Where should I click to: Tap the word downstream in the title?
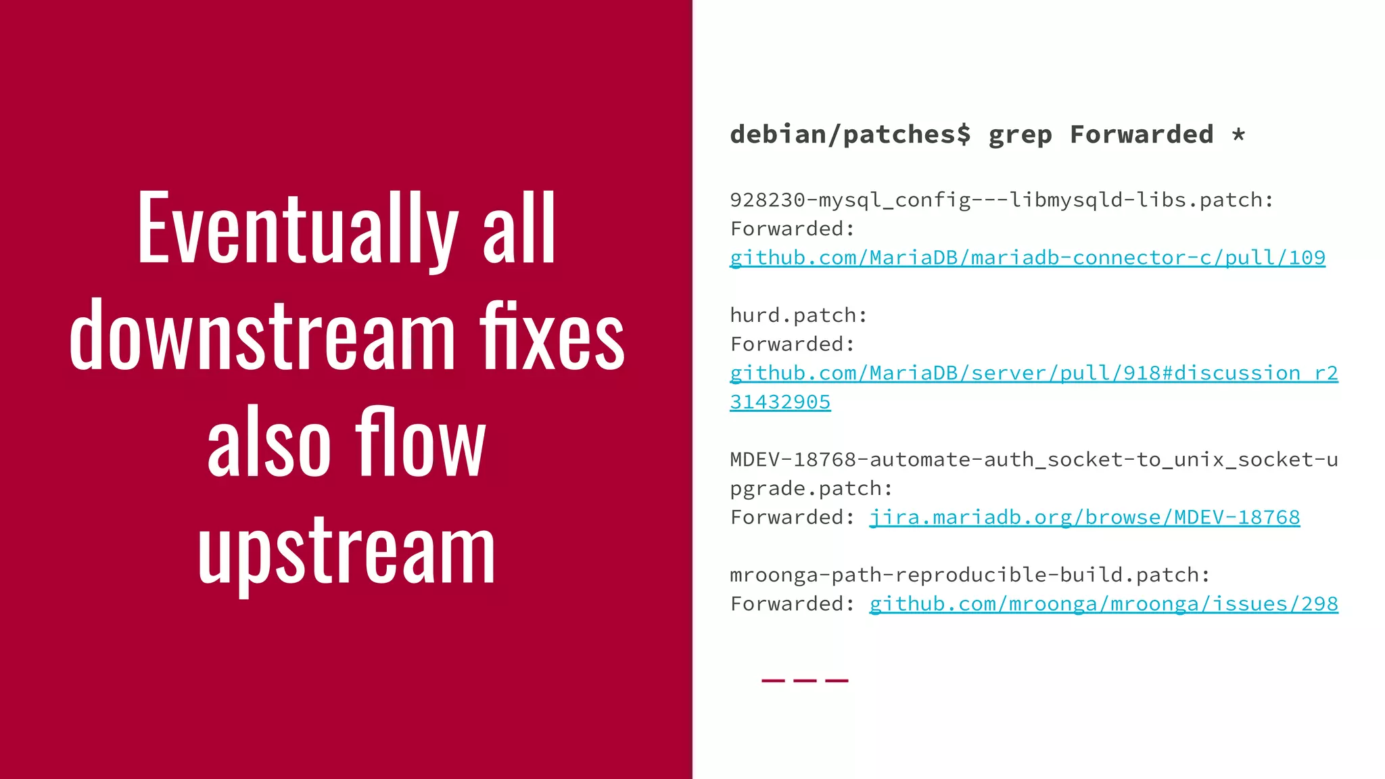point(262,336)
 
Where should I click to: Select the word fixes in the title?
point(552,336)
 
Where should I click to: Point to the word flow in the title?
point(420,443)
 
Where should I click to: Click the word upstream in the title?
point(346,551)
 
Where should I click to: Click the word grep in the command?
point(1020,135)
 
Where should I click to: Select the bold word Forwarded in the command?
point(1142,135)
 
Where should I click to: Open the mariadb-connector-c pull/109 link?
point(1027,258)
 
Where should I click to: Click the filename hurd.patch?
point(798,315)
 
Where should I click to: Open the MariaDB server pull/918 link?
point(1033,373)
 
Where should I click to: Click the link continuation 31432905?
point(780,402)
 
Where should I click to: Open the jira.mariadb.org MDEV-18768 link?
point(1084,517)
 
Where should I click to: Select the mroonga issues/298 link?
point(1103,604)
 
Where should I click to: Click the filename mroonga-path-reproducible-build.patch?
point(970,575)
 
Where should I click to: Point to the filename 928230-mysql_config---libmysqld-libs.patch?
point(1002,200)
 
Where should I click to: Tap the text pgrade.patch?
point(811,488)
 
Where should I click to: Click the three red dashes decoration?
point(804,680)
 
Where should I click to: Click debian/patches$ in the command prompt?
point(850,135)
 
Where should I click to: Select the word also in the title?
point(268,443)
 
